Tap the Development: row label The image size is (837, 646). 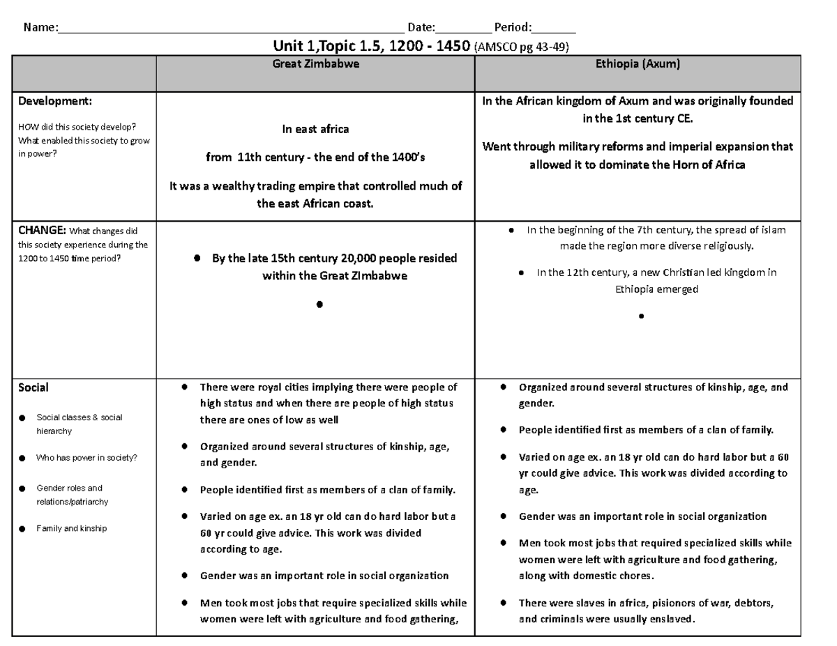click(55, 101)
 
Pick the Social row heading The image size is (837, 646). click(33, 387)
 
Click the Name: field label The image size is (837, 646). click(40, 28)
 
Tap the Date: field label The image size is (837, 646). click(421, 28)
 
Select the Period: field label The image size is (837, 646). click(512, 28)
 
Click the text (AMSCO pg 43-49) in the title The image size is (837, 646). click(521, 47)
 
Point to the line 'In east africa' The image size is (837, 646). click(315, 129)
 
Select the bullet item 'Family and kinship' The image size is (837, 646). click(71, 528)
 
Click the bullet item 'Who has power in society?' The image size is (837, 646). click(86, 458)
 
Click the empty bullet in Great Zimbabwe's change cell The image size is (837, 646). click(319, 305)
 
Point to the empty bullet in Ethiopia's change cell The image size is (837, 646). click(640, 316)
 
